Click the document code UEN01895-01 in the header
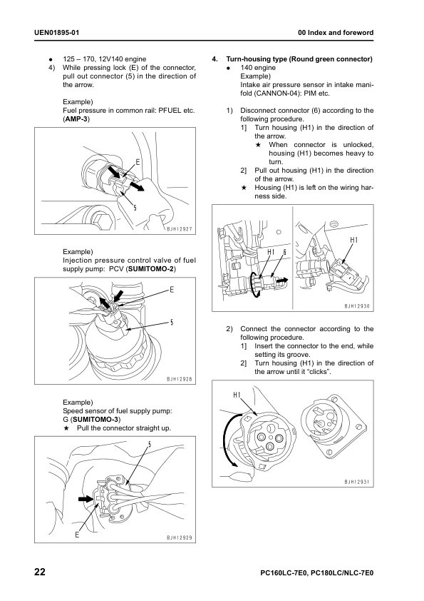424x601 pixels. [56, 33]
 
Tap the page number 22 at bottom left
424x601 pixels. [40, 572]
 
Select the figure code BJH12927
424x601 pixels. [179, 229]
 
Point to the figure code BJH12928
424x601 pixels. [179, 380]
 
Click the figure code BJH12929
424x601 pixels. [179, 538]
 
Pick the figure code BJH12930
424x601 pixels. [356, 306]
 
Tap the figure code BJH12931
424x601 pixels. [356, 483]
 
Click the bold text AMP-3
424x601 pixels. [76, 118]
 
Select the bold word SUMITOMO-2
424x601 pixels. [151, 269]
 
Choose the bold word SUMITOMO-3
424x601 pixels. [96, 420]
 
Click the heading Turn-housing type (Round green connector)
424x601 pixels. [299, 59]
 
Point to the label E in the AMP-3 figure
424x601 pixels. [138, 162]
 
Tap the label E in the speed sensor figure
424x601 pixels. [77, 535]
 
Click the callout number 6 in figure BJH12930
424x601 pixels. [284, 253]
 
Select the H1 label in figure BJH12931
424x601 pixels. [237, 395]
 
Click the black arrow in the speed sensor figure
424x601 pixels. [86, 499]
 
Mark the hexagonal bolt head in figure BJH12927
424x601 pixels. [101, 221]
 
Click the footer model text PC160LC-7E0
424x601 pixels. [284, 574]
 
